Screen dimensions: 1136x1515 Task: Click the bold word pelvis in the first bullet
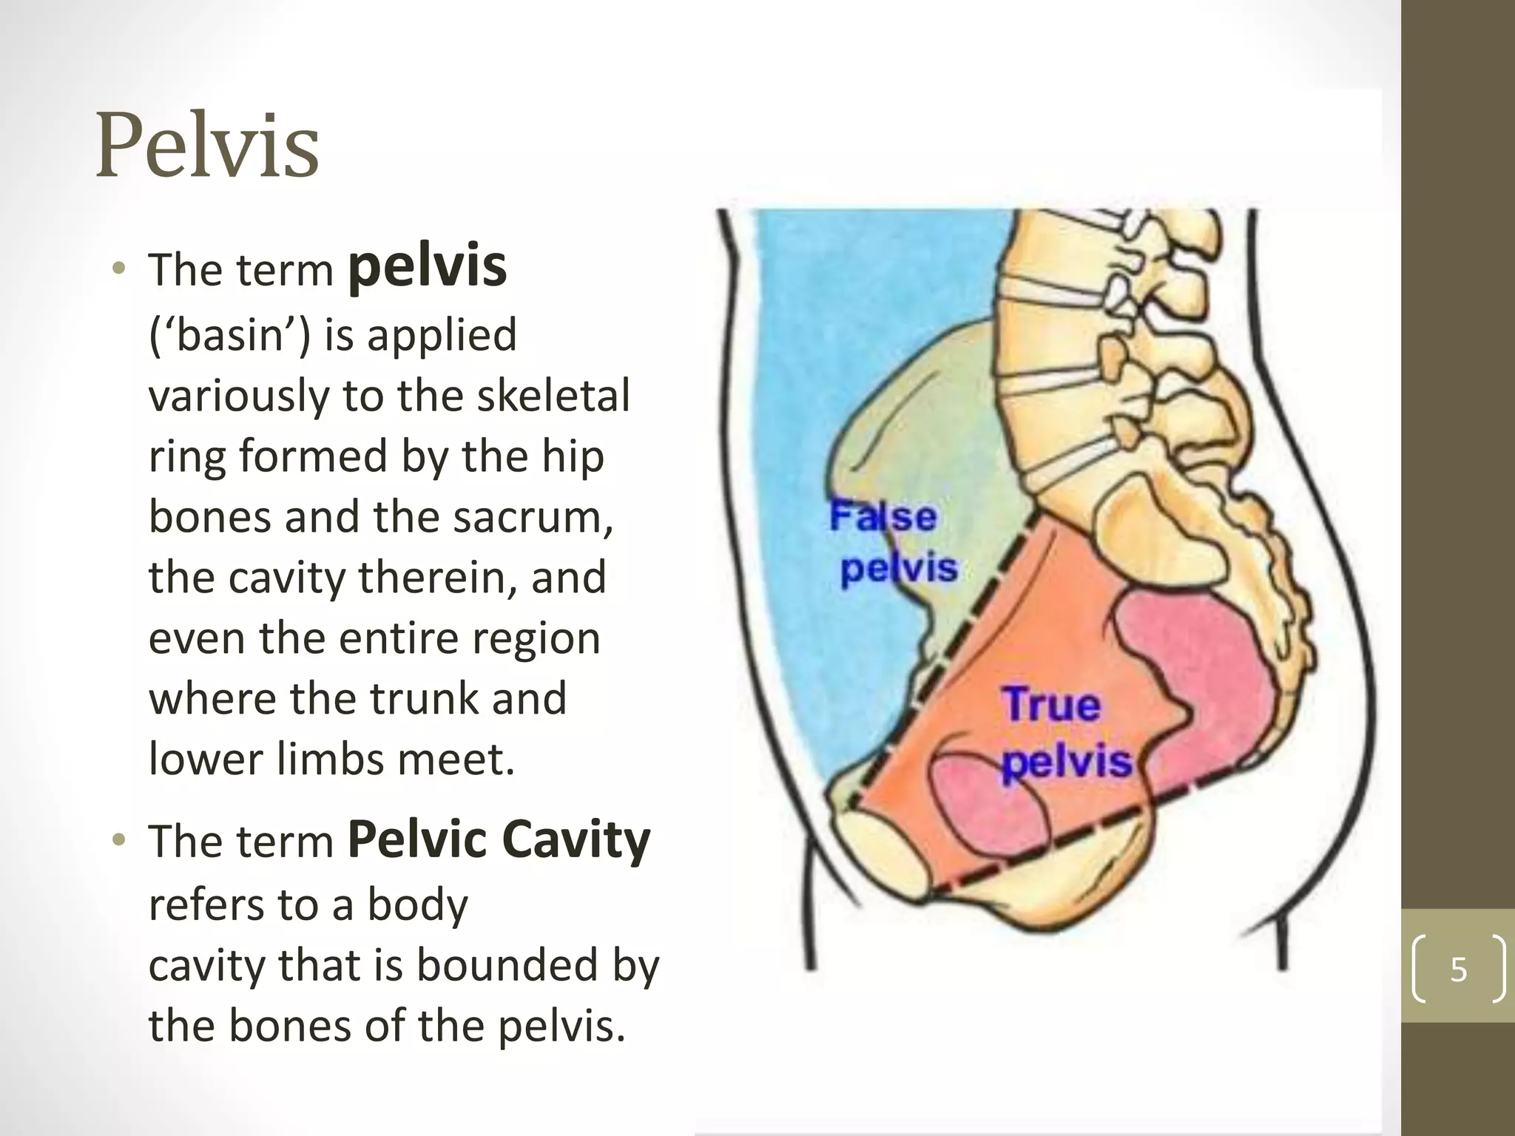(428, 268)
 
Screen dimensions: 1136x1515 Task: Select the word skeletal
(553, 396)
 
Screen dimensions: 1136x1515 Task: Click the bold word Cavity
(576, 841)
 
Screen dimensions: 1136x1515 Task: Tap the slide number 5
(1458, 969)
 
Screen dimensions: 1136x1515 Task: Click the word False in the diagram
(883, 515)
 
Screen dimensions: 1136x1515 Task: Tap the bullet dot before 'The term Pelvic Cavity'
(118, 840)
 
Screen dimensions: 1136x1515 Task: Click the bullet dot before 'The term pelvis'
(118, 268)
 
